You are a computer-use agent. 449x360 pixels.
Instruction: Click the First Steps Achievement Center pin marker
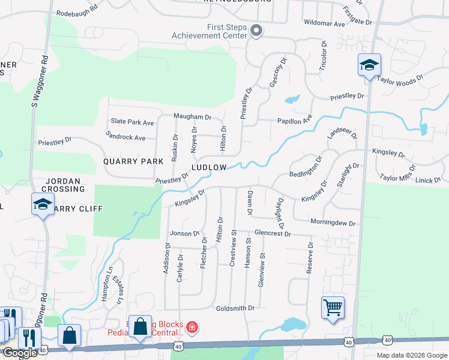[256, 31]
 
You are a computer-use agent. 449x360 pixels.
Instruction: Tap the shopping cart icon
[333, 307]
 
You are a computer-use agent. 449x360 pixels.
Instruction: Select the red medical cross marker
[191, 328]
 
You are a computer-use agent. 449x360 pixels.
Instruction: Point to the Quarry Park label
[133, 161]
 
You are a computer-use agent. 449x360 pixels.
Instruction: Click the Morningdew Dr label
[333, 223]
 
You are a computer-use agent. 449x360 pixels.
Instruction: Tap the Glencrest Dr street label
[273, 233]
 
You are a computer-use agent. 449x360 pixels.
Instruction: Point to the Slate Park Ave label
[131, 122]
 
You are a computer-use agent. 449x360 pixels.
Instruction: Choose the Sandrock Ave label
[125, 137]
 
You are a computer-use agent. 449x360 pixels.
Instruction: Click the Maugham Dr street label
[193, 116]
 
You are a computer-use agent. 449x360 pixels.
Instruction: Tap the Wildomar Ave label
[325, 24]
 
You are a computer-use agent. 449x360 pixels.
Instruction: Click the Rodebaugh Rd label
[77, 11]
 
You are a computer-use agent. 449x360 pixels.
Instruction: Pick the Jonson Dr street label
[184, 233]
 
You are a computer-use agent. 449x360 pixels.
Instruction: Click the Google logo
[20, 353]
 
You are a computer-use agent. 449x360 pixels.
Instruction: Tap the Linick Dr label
[428, 180]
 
